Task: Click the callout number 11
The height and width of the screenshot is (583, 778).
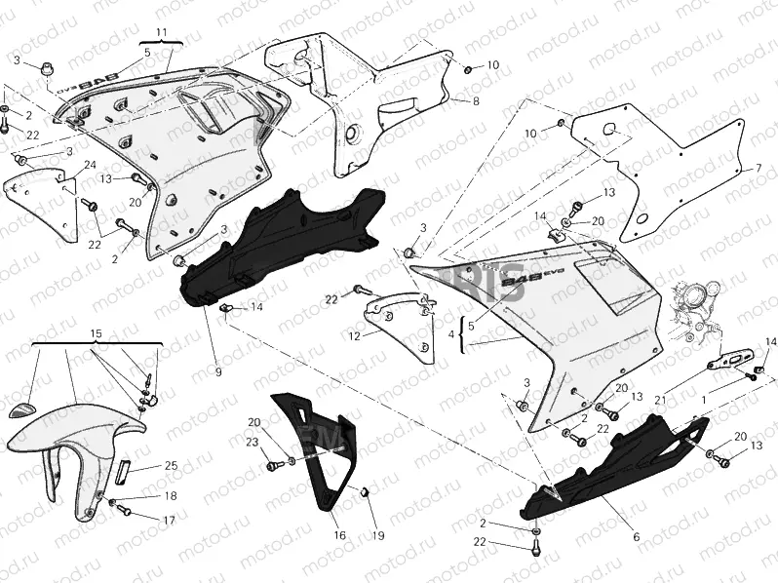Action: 161,35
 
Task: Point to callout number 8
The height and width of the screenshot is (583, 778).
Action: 475,101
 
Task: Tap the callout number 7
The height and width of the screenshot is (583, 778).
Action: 757,169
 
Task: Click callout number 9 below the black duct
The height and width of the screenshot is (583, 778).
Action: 218,372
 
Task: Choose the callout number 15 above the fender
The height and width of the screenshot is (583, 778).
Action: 95,334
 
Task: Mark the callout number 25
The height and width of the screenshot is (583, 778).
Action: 170,466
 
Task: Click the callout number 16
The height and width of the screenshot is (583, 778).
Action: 339,535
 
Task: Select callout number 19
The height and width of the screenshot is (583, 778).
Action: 378,535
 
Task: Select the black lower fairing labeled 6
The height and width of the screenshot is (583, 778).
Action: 614,468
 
